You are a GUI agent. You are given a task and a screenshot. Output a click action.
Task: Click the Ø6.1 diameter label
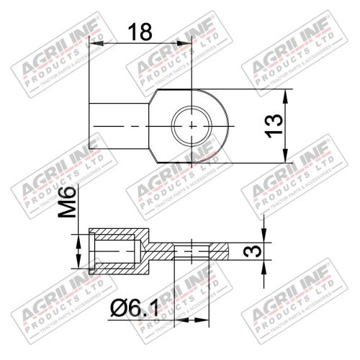pos(138,310)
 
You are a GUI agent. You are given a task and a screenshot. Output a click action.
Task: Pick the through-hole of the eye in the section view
pos(192,251)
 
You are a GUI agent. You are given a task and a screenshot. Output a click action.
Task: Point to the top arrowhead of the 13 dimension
pos(287,94)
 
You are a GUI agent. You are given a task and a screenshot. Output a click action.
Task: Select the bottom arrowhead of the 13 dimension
pos(287,159)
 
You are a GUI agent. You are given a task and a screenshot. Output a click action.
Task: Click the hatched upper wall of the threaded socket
pos(119,235)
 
